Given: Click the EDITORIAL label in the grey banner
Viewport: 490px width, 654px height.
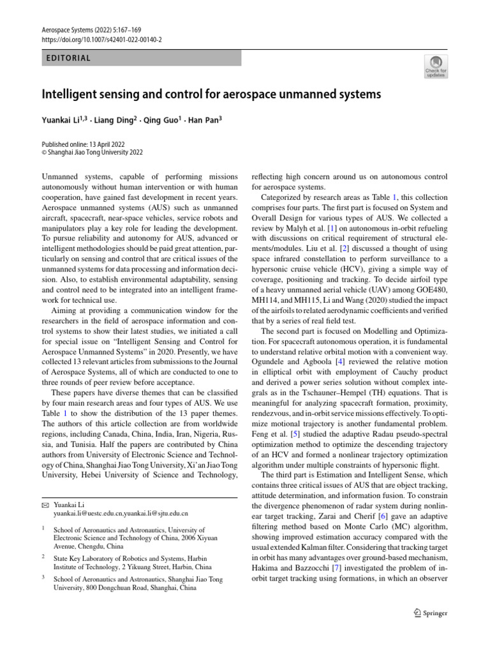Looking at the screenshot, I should click(x=69, y=58).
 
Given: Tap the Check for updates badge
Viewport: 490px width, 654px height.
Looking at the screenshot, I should click(x=436, y=66).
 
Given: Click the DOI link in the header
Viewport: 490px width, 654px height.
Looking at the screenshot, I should click(x=102, y=39).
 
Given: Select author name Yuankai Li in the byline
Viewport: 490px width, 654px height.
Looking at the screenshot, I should click(x=63, y=119).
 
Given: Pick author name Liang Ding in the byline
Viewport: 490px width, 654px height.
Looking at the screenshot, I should click(x=117, y=119).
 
